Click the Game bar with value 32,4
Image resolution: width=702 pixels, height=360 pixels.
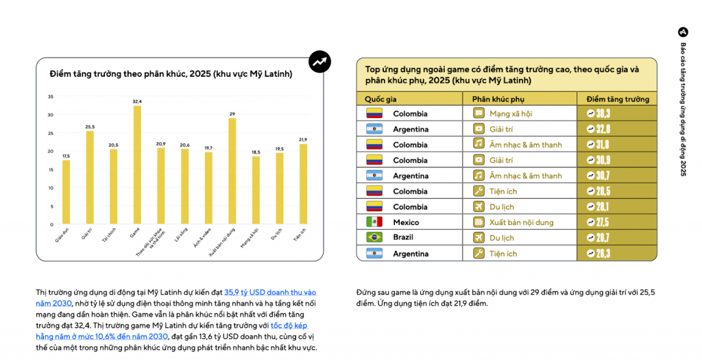(x=137, y=165)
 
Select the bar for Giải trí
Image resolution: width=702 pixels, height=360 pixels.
(x=90, y=178)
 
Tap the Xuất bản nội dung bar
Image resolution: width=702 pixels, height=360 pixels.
(x=232, y=171)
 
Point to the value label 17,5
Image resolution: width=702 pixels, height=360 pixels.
(x=66, y=156)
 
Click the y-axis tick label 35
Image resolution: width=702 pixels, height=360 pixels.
(x=50, y=96)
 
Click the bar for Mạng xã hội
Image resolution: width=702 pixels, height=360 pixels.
(x=256, y=190)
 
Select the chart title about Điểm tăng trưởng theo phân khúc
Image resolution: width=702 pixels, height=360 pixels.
(x=171, y=73)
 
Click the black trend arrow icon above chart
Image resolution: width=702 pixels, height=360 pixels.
(x=319, y=62)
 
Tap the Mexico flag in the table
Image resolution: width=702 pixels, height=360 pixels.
(x=374, y=222)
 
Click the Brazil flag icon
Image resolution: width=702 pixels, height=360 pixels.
(x=374, y=238)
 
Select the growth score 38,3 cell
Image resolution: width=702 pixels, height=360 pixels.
(x=616, y=113)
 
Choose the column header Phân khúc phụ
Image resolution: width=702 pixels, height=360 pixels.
(x=498, y=99)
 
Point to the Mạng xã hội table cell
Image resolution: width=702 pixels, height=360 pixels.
(x=510, y=113)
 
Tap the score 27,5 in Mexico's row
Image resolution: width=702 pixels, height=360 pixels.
(x=616, y=222)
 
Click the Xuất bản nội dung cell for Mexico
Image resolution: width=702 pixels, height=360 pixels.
(x=521, y=222)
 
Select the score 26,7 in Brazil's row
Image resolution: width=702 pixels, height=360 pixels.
(x=616, y=238)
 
